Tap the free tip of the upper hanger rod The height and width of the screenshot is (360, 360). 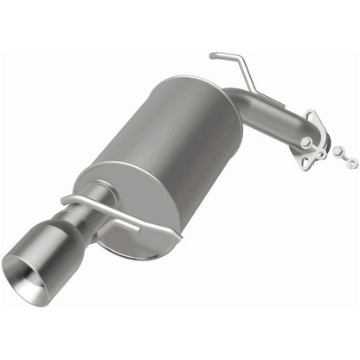pos(212,56)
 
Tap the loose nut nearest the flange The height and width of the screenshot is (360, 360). pos(337,151)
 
